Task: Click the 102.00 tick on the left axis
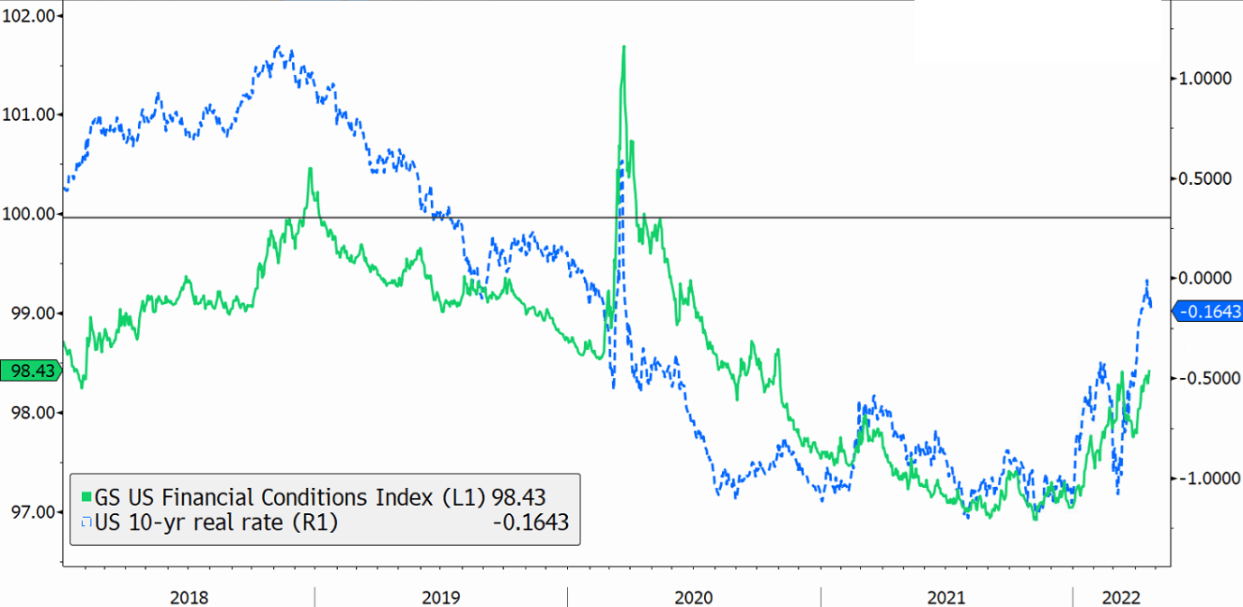(30, 15)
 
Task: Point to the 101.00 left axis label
(30, 115)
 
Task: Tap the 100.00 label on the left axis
(30, 214)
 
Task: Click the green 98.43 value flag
(29, 371)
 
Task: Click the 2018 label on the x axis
(189, 597)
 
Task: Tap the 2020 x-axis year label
(694, 597)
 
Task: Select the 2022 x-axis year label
(1123, 597)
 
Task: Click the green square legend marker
(87, 497)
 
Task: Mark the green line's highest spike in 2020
(624, 47)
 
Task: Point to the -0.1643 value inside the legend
(530, 521)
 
